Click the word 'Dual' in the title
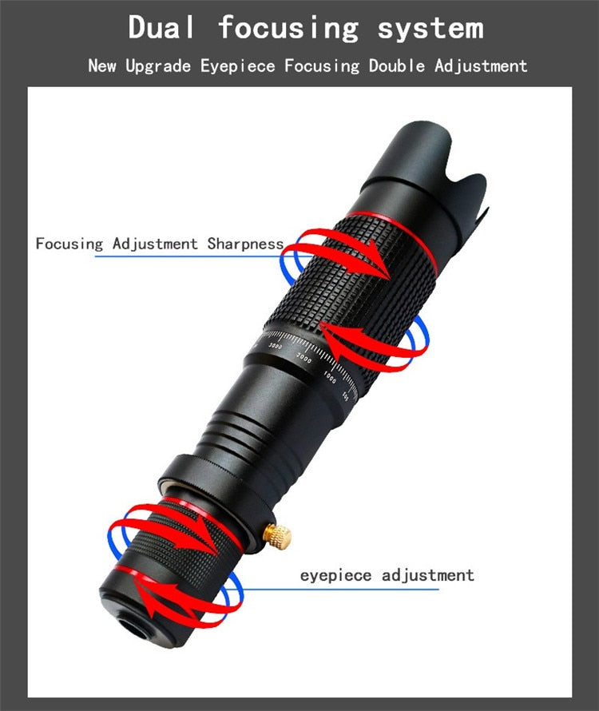(x=161, y=27)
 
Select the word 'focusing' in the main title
(x=288, y=29)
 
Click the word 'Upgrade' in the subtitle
(x=158, y=66)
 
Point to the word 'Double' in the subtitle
(x=397, y=66)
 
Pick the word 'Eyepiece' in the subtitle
(x=238, y=66)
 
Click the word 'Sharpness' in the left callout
(x=245, y=244)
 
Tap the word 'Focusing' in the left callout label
(x=69, y=244)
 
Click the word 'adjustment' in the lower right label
(x=427, y=575)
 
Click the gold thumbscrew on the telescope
(x=277, y=536)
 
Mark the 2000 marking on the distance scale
(x=303, y=358)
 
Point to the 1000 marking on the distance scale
(x=330, y=378)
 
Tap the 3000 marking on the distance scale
(x=276, y=347)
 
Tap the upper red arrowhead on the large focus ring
(x=379, y=260)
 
